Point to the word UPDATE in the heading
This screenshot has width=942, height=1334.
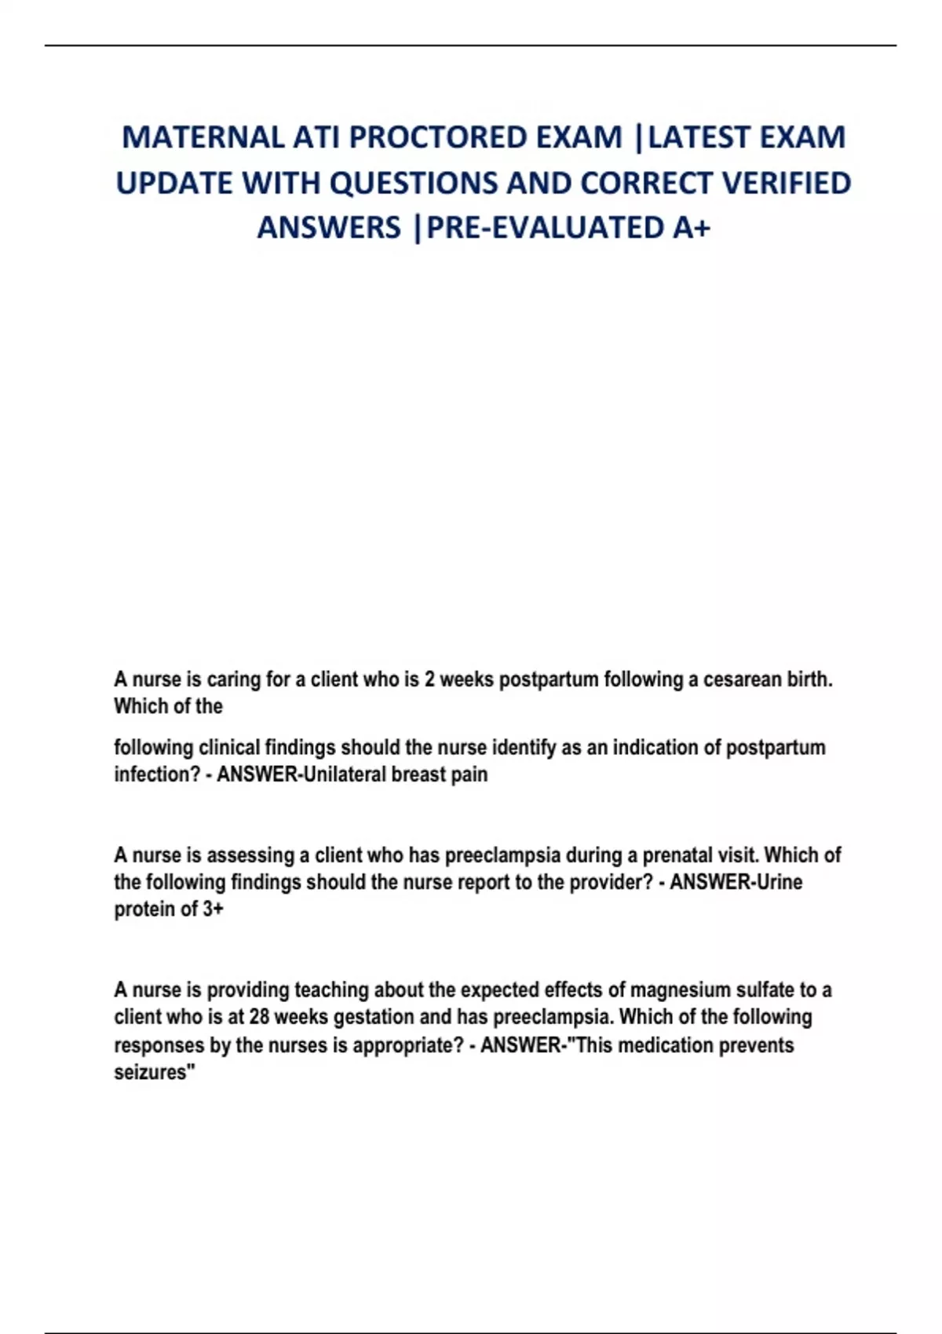click(173, 183)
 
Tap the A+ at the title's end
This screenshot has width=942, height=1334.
click(691, 228)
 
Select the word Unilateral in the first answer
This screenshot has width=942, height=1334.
click(344, 775)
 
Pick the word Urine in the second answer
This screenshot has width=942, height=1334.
click(779, 882)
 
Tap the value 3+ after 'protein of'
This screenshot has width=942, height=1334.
click(213, 909)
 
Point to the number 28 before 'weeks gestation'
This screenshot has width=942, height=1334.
click(260, 1017)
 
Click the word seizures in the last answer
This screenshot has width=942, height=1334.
click(154, 1073)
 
